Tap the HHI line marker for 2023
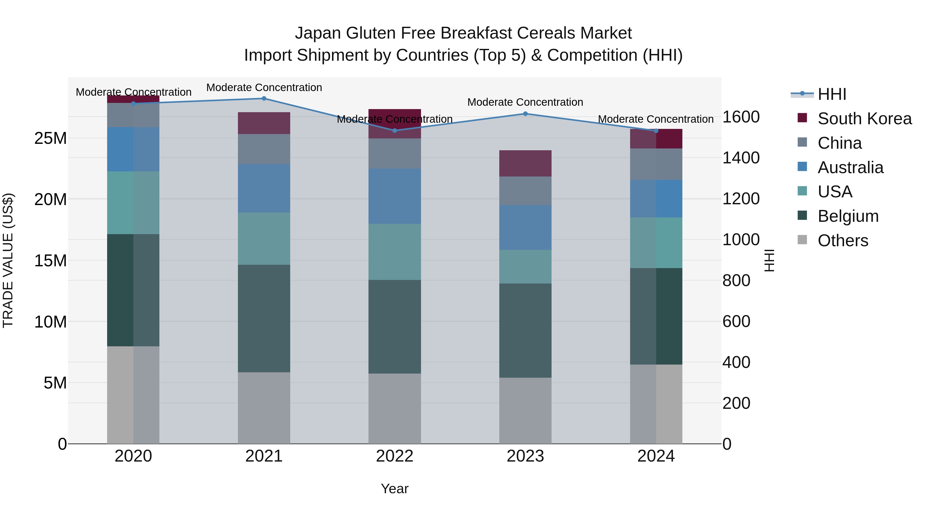click(x=525, y=114)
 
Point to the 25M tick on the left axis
click(x=50, y=138)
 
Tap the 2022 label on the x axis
click(x=394, y=456)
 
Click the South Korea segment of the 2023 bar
click(x=525, y=163)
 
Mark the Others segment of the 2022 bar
click(x=394, y=408)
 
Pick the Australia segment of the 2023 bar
click(x=525, y=227)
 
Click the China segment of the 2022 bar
click(x=394, y=154)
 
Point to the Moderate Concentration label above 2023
click(x=525, y=102)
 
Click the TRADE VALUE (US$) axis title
click(x=8, y=260)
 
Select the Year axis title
click(x=394, y=489)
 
